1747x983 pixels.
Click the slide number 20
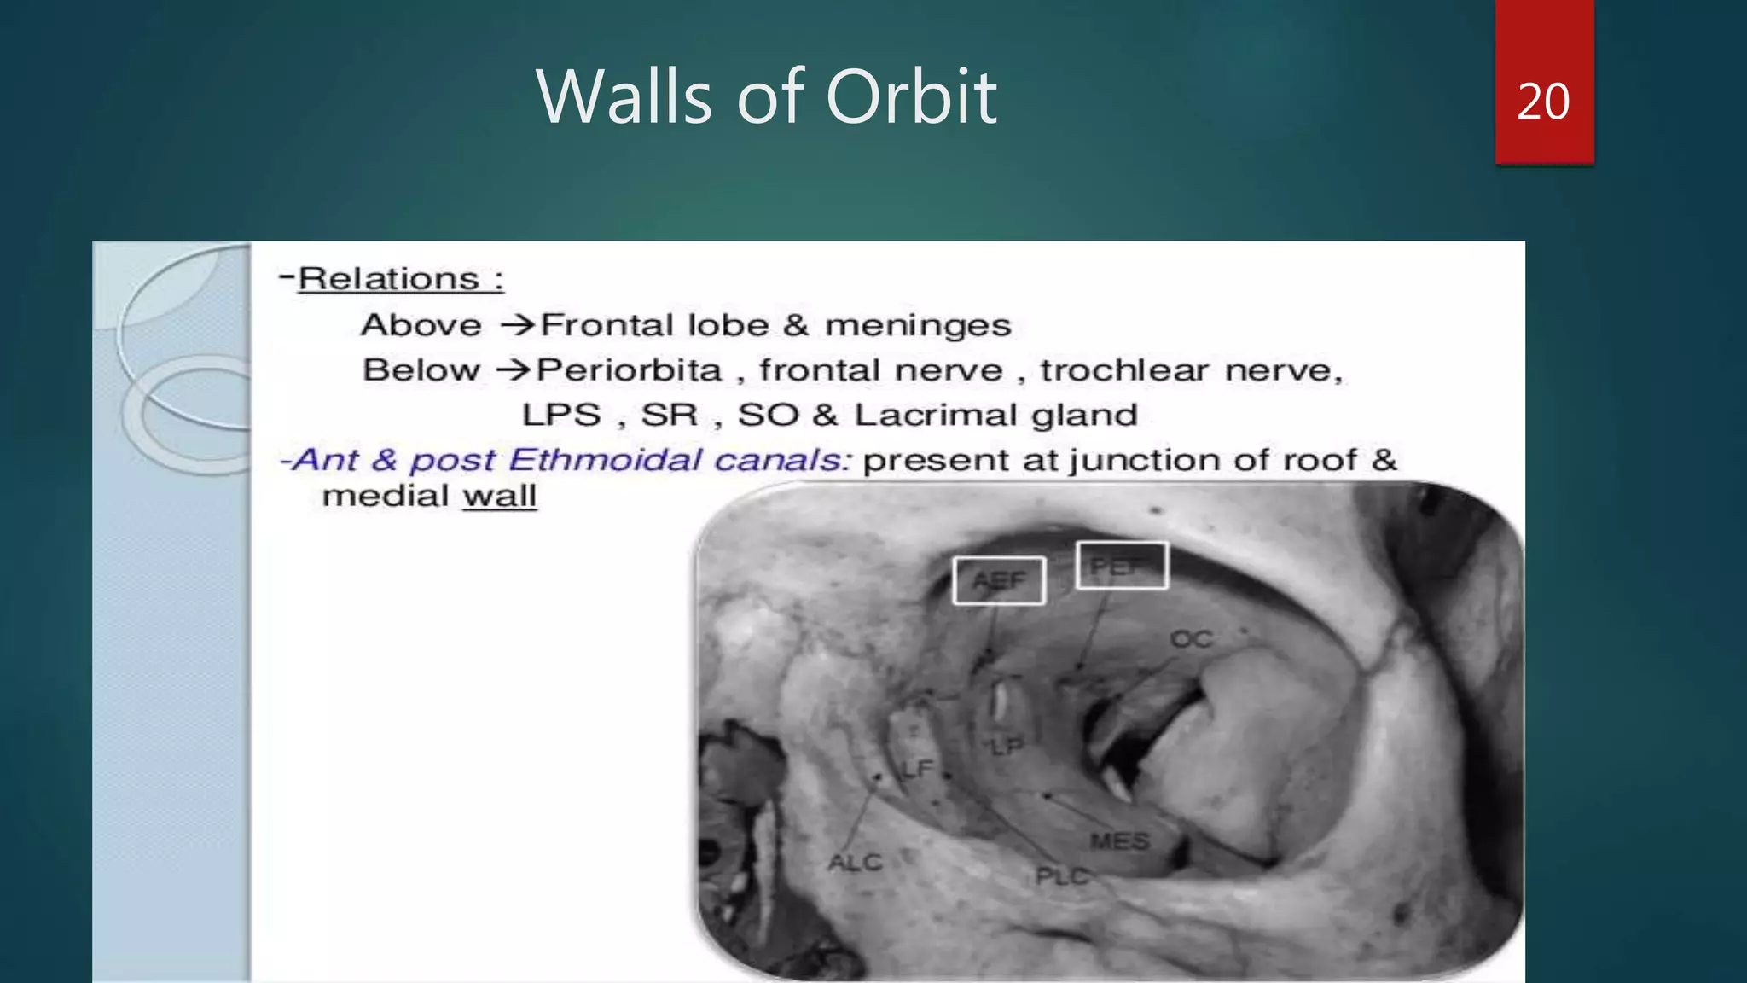tap(1543, 102)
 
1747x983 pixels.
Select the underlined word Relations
tap(388, 279)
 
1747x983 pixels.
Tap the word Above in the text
tap(421, 325)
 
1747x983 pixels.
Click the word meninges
tap(918, 325)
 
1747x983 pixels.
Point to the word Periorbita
tap(630, 370)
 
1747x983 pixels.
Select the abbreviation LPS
tap(561, 415)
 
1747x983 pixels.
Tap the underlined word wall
tap(500, 496)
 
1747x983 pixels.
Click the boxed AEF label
tap(999, 580)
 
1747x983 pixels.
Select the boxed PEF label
tap(1121, 566)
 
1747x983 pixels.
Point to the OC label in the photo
tap(1192, 639)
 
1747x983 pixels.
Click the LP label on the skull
tap(1007, 747)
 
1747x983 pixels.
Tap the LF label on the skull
tap(918, 770)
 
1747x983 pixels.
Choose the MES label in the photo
tap(1120, 841)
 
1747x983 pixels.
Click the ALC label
tap(855, 863)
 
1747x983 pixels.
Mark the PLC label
tap(1062, 876)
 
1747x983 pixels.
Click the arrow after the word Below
tap(514, 370)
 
